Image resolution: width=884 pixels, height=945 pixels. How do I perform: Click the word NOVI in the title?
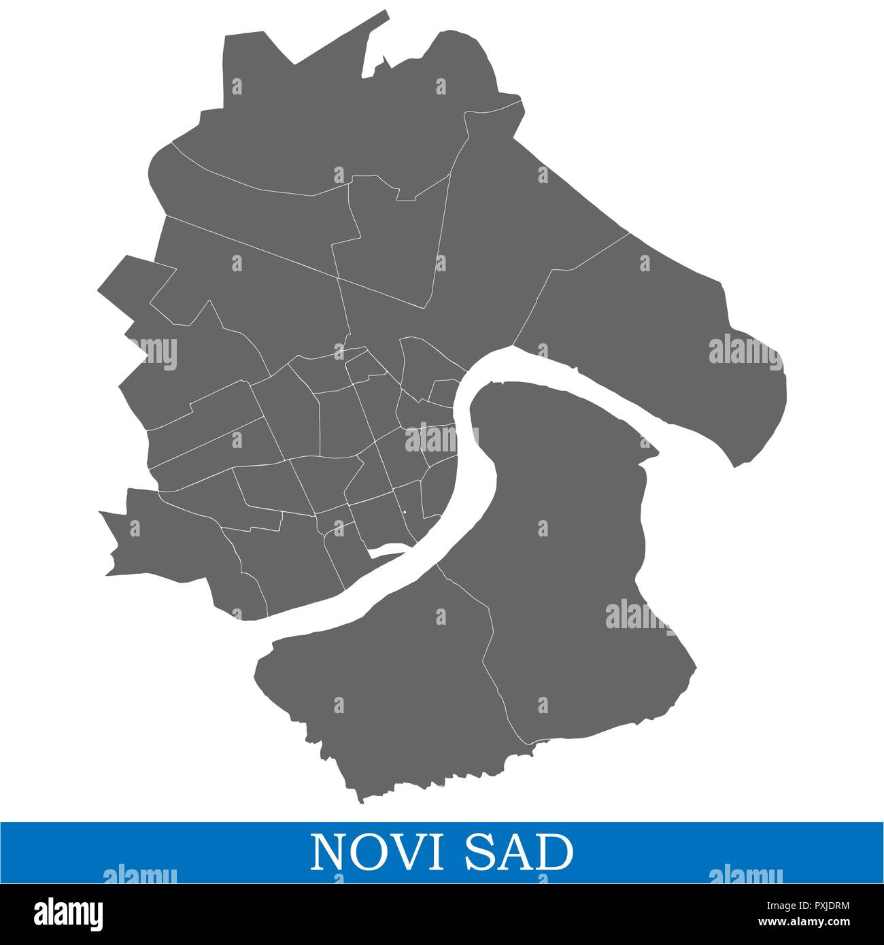coord(374,853)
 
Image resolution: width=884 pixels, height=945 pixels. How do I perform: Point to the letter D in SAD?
coord(552,853)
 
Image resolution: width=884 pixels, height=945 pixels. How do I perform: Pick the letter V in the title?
coord(402,853)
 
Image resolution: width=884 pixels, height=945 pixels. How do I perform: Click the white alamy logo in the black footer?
coord(68,911)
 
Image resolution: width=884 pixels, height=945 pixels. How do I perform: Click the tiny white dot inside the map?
coord(404,513)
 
